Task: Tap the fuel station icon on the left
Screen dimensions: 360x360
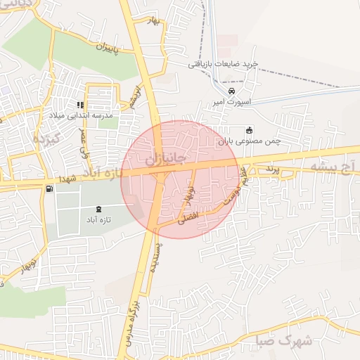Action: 48,188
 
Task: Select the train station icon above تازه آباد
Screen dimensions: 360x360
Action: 98,209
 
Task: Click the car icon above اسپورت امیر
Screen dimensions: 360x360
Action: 232,91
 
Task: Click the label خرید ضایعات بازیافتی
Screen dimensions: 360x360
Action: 223,64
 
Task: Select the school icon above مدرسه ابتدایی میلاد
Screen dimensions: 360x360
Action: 80,105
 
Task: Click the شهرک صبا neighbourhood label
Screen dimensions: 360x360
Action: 285,340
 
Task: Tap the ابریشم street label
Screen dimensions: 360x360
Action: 132,95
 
